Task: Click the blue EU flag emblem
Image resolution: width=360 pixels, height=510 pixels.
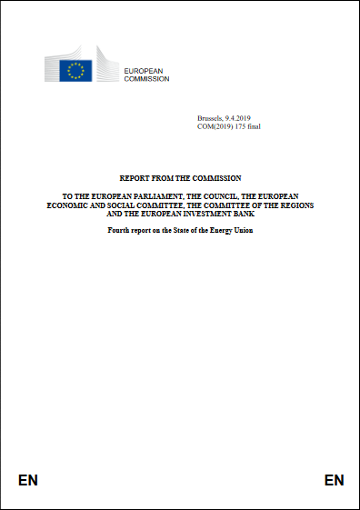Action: (x=77, y=70)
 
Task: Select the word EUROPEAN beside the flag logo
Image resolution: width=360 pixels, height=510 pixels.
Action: (x=144, y=70)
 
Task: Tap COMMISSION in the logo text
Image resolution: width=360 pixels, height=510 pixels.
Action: (x=145, y=78)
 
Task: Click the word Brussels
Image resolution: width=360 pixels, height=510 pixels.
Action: (x=209, y=119)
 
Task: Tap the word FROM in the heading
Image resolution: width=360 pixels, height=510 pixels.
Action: (x=165, y=177)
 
